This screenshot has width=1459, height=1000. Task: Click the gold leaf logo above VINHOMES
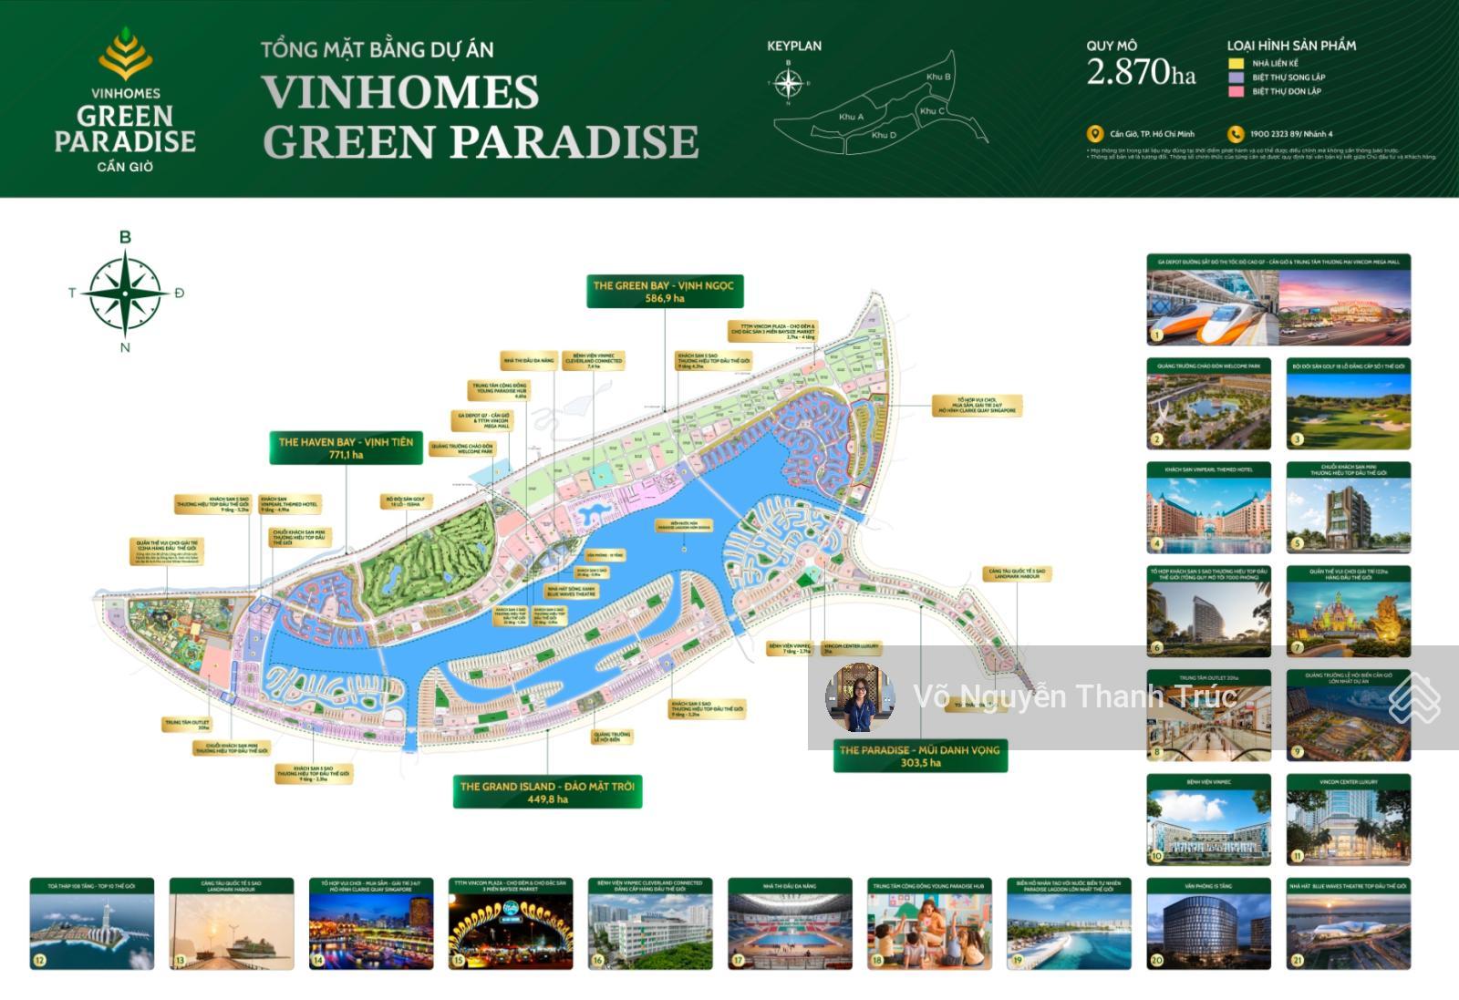(x=126, y=53)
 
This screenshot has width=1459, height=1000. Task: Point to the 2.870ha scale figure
(x=1140, y=72)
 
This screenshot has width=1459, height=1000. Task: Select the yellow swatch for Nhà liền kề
(x=1236, y=64)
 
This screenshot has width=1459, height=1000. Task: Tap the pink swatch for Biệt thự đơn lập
(x=1236, y=91)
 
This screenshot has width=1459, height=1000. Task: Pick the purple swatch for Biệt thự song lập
(x=1236, y=77)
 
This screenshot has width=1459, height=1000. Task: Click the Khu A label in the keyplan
(x=851, y=117)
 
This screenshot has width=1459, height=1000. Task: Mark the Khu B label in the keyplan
(x=938, y=77)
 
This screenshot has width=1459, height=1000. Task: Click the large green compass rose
(x=126, y=293)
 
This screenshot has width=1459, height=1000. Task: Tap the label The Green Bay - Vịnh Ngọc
(x=665, y=292)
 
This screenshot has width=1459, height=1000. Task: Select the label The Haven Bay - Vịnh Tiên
(x=346, y=448)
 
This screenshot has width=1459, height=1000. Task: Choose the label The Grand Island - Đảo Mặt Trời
(x=547, y=792)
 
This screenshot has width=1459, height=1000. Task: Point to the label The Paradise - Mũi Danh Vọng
(x=920, y=756)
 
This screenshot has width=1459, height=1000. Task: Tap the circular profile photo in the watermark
(x=860, y=697)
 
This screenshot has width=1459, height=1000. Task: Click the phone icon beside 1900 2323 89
(x=1236, y=134)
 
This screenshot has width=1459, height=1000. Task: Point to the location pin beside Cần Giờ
(x=1095, y=134)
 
